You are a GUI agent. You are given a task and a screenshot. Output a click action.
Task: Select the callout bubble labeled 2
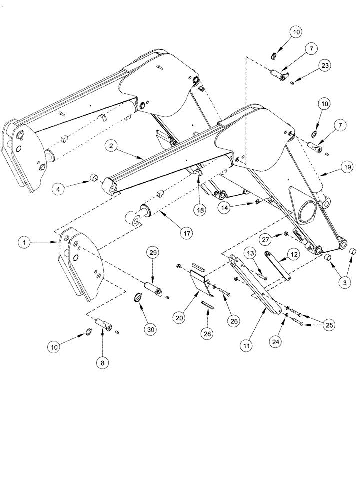[x=112, y=146]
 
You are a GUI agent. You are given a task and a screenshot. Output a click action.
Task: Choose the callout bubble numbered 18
[x=199, y=211]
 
